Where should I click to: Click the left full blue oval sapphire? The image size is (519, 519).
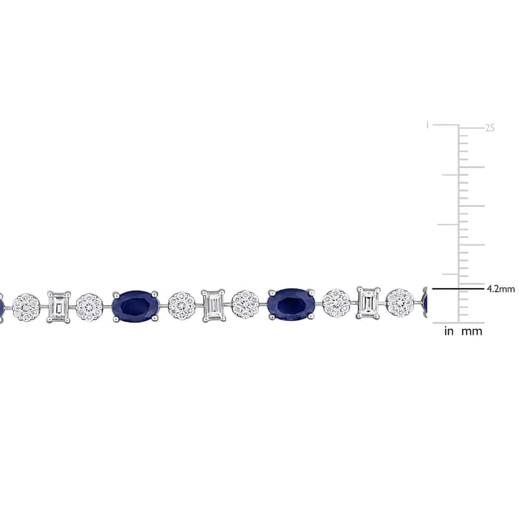136,306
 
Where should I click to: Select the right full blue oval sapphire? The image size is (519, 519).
291,304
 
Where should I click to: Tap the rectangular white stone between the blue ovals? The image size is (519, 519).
213,306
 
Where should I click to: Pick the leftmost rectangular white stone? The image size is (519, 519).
58,306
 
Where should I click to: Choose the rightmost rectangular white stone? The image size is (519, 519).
368,303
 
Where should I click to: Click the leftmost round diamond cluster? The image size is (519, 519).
26,308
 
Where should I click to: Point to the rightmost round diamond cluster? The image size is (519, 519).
400,303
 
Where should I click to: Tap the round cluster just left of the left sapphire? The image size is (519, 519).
90,307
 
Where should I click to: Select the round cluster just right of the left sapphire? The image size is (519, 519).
182,306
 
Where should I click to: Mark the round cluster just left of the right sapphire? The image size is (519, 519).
245,305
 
